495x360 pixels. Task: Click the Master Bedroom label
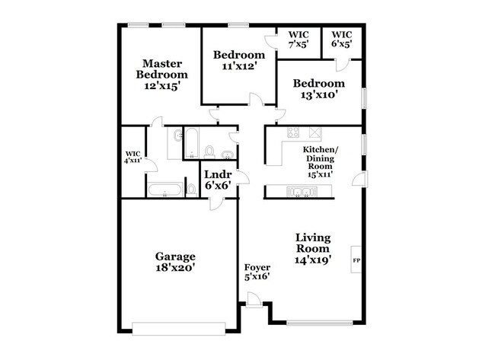(162, 75)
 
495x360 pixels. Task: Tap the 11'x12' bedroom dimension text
(238, 66)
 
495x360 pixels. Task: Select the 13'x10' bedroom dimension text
(319, 94)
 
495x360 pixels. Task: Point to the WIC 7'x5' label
(299, 39)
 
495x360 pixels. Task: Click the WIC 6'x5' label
(342, 39)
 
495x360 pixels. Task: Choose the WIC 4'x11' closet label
(133, 157)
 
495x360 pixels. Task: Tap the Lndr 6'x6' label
(218, 180)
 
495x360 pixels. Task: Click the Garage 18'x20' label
(175, 262)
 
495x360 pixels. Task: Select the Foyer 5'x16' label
(257, 272)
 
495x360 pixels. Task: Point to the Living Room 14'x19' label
(313, 248)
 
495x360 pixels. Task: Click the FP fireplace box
(356, 259)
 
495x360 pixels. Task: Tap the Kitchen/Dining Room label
(320, 161)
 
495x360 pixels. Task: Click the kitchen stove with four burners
(293, 132)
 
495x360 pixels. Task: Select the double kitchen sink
(302, 191)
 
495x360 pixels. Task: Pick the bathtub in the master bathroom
(165, 190)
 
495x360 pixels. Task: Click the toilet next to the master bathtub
(191, 190)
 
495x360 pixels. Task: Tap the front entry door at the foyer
(254, 300)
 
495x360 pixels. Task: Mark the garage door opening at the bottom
(179, 329)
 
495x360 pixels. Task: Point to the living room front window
(320, 323)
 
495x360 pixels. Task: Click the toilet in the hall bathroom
(209, 151)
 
